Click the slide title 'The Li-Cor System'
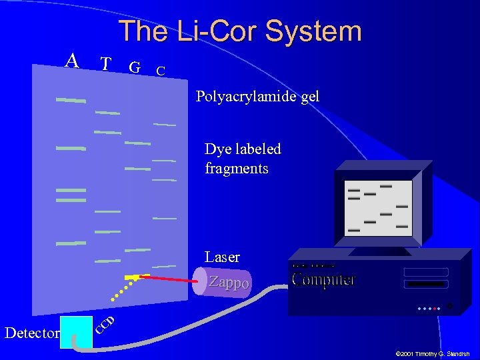pos(240,31)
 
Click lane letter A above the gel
pos(72,61)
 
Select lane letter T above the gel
pos(105,64)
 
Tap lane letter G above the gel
pos(135,67)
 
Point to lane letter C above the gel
pos(160,70)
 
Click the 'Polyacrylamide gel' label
pos(257,97)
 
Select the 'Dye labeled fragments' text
pos(243,159)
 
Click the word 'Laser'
pos(222,257)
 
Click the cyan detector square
pos(76,331)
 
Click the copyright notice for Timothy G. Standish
pos(432,354)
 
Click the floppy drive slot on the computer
pos(425,284)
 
